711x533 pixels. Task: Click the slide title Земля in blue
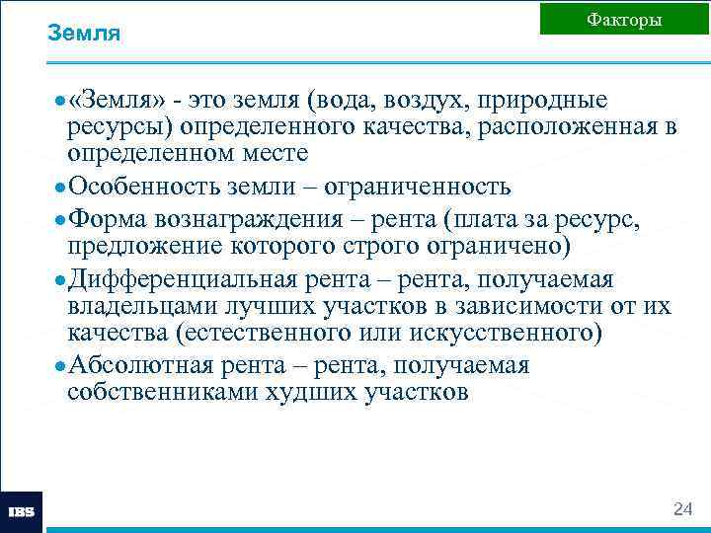point(84,34)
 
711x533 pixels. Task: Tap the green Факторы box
point(624,19)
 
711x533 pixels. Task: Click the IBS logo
point(22,512)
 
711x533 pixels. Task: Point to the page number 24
point(682,509)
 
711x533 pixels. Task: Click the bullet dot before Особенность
point(61,188)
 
